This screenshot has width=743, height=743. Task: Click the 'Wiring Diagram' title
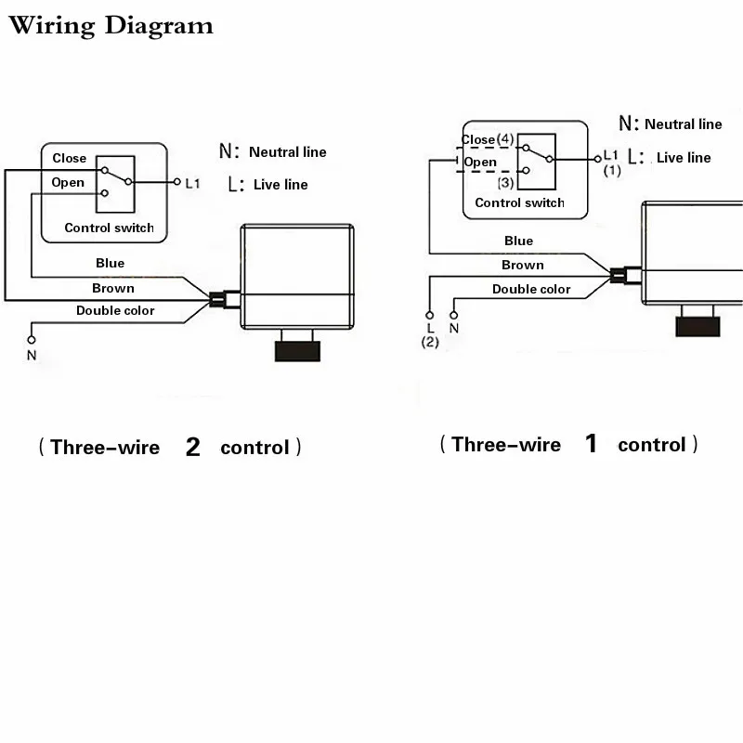click(111, 26)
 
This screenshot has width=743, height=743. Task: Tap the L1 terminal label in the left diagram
click(192, 183)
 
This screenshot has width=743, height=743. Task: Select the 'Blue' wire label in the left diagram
click(110, 263)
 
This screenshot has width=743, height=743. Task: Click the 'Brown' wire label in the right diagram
click(523, 265)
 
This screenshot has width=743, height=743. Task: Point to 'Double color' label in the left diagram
click(115, 310)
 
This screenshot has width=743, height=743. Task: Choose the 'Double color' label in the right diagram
click(531, 289)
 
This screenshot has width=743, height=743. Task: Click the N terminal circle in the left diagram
click(32, 340)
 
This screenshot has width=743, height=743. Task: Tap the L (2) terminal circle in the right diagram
click(429, 315)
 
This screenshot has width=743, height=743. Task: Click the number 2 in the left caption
click(193, 447)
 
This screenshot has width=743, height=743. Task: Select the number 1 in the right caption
click(591, 444)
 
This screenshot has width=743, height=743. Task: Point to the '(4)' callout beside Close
click(505, 138)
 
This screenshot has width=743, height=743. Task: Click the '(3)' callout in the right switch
click(505, 182)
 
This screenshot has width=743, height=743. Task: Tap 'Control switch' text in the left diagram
click(109, 228)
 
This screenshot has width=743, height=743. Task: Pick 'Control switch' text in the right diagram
click(519, 202)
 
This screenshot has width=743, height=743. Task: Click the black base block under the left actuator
click(297, 351)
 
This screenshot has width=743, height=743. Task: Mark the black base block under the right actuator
click(697, 327)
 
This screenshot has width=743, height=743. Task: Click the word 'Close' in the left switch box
click(69, 158)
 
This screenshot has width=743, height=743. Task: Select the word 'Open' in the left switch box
click(68, 183)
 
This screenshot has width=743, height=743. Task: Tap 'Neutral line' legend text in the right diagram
click(684, 124)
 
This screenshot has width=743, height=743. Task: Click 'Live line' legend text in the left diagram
click(280, 184)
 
